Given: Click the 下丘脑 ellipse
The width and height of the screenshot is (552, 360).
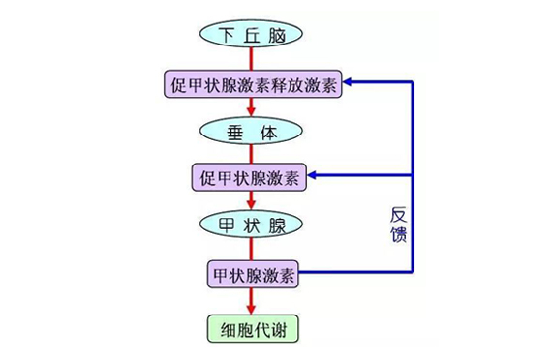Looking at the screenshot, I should click(x=253, y=35).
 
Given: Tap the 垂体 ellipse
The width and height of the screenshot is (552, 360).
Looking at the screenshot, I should click(x=253, y=129).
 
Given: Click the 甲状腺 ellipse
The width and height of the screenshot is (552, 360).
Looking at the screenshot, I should click(x=253, y=225).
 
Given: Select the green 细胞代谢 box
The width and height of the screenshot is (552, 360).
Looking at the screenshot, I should click(x=253, y=328).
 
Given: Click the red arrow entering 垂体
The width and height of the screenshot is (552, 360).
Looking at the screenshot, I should click(x=253, y=109).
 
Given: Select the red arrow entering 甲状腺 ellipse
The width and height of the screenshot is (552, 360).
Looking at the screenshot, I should click(x=253, y=204).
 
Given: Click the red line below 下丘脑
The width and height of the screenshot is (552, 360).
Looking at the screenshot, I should click(x=253, y=59).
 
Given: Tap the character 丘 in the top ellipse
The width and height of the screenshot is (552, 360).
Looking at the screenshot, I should click(x=253, y=35).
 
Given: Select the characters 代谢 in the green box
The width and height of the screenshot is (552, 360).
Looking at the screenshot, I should click(x=268, y=328).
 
